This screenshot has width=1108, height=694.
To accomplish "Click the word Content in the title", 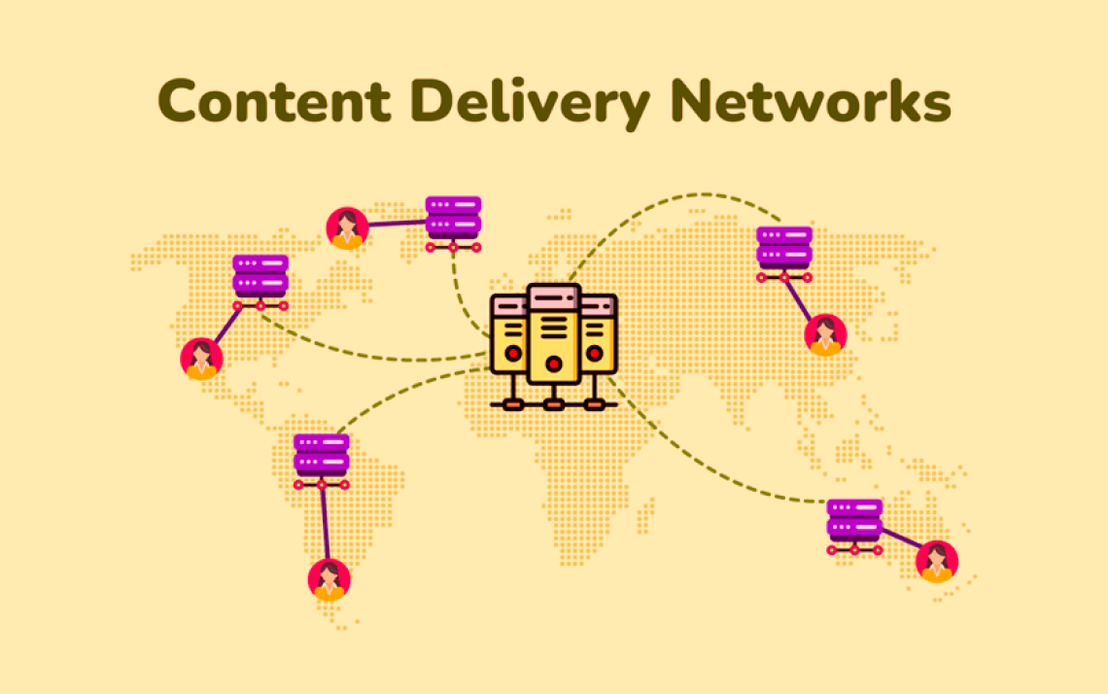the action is [274, 100].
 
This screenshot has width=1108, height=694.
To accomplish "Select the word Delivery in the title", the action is [530, 103].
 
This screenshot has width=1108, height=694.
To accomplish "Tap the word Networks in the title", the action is [810, 100].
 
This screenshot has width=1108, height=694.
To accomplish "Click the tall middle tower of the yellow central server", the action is [554, 334].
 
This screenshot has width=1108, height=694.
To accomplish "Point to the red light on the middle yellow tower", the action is [554, 364].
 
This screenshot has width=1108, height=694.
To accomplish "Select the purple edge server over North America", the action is [260, 283].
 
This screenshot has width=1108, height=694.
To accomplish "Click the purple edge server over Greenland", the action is [454, 224].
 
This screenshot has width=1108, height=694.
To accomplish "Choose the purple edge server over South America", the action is [322, 463].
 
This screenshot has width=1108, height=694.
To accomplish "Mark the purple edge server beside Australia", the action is [854, 527].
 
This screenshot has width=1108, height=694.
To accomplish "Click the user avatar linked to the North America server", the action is [201, 359].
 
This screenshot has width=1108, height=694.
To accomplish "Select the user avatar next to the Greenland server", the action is [347, 228].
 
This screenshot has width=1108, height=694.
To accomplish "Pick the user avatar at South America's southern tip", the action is [329, 579].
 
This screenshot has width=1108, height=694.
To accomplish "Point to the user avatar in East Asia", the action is [825, 335].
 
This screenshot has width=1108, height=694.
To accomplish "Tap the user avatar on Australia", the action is [937, 561].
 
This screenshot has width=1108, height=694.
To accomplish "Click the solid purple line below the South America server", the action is [325, 523].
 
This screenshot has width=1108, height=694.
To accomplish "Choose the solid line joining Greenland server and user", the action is [398, 224].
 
